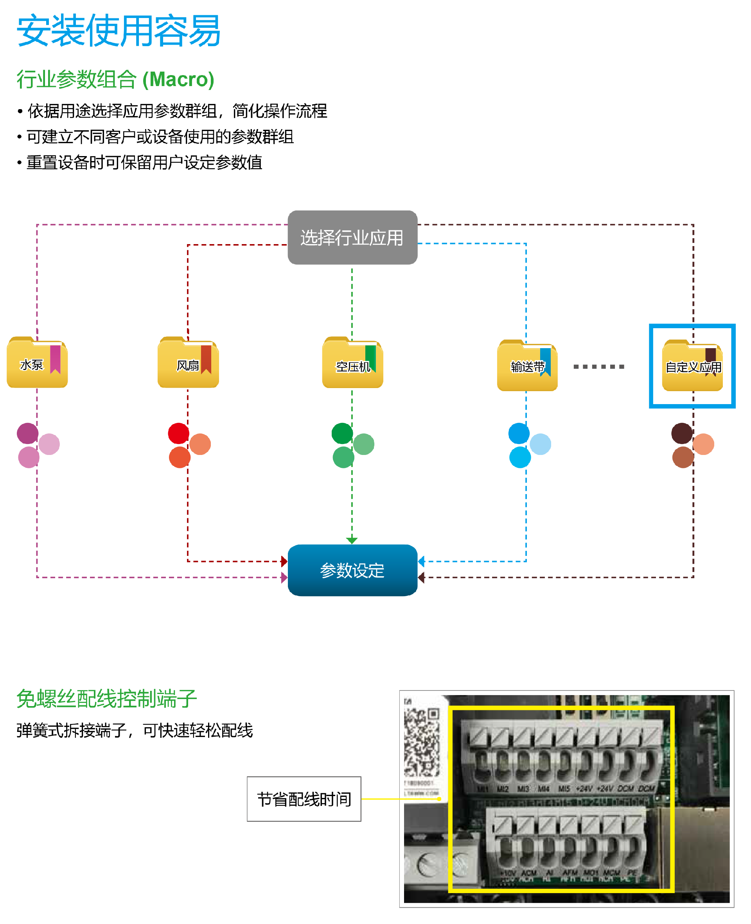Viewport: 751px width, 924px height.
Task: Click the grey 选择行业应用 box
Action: [x=352, y=237]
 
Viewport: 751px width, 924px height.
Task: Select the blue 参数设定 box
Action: [x=352, y=570]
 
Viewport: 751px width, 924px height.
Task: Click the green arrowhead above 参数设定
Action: [x=352, y=540]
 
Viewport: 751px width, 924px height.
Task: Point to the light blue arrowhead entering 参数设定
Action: [x=421, y=561]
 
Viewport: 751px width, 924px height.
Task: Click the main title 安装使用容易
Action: [x=119, y=30]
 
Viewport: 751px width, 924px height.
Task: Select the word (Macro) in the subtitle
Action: [x=178, y=79]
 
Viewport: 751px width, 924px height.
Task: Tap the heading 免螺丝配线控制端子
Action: [x=106, y=699]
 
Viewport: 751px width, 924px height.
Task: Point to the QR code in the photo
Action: [x=421, y=742]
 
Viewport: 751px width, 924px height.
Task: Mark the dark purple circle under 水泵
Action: [x=28, y=433]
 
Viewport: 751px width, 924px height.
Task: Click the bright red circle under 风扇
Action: [x=179, y=433]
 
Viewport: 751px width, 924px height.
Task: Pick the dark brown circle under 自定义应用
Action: [x=682, y=433]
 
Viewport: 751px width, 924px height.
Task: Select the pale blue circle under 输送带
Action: [x=540, y=444]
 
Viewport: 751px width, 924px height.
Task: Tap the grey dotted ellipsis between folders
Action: [x=599, y=367]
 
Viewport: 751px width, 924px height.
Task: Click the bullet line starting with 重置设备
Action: [x=144, y=163]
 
